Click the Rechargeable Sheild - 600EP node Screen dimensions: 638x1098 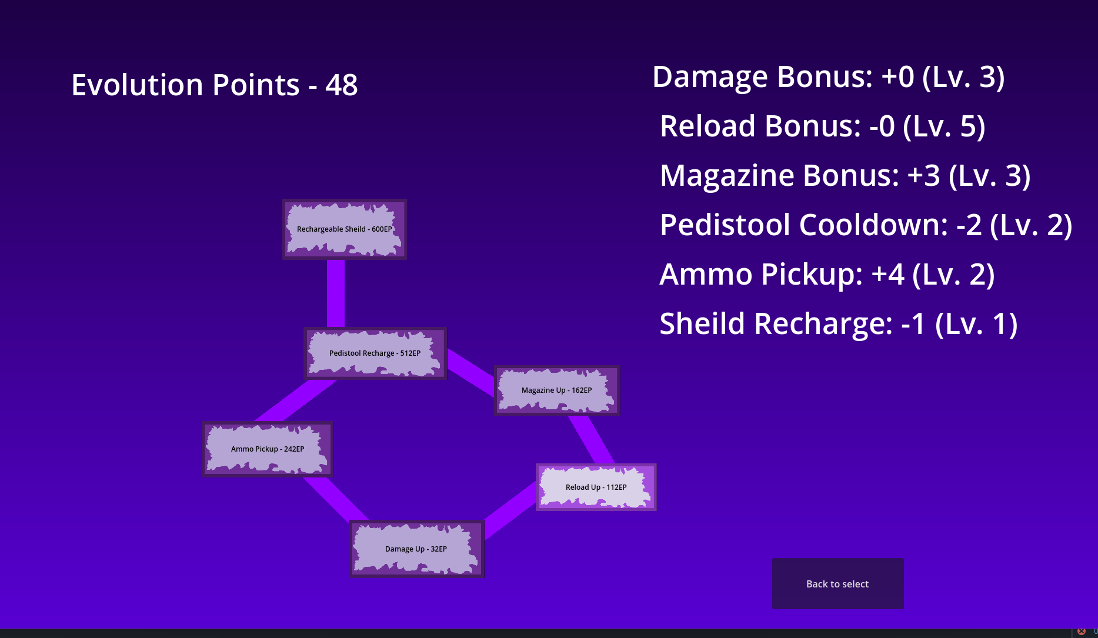345,229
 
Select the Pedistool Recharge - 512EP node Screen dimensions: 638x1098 375,353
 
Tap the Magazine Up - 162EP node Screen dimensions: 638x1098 557,390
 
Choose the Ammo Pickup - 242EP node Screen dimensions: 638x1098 268,449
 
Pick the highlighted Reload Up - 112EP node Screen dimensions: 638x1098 596,487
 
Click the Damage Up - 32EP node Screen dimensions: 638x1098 416,549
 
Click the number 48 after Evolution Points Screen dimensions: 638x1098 341,85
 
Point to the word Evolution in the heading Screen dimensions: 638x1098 137,85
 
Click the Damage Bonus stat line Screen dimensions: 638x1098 828,77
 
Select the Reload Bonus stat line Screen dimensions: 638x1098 822,126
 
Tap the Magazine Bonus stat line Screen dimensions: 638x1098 845,176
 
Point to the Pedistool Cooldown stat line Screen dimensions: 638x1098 866,225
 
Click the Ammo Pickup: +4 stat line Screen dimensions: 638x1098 827,275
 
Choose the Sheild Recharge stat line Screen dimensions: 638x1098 838,324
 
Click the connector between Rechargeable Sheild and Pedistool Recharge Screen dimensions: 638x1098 336,293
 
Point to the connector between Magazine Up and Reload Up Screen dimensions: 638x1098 591,439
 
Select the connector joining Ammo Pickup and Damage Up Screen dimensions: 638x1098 336,499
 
